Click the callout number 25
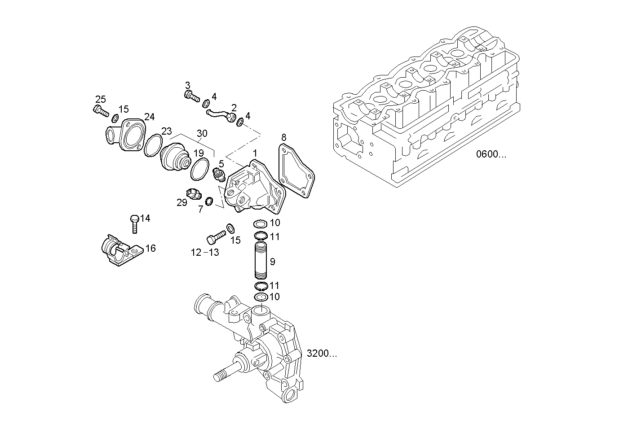[x=100, y=99]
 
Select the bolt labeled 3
[x=191, y=95]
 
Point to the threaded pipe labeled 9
[x=261, y=261]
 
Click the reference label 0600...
[x=491, y=154]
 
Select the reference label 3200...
[x=322, y=354]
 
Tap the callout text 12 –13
[x=205, y=253]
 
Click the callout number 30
[x=202, y=133]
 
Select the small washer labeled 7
[x=209, y=201]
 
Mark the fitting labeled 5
[x=219, y=175]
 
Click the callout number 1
[x=255, y=153]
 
